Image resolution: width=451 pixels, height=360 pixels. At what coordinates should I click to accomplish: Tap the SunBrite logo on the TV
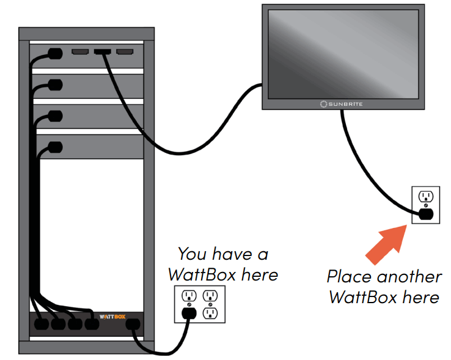(342, 104)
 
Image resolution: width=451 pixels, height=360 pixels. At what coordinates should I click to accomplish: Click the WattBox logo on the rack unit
(111, 317)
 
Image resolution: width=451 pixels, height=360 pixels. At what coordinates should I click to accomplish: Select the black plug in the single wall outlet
(425, 214)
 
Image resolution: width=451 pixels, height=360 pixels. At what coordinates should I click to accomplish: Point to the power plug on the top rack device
(55, 53)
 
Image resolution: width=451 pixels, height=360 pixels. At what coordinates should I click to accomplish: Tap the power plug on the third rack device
(55, 116)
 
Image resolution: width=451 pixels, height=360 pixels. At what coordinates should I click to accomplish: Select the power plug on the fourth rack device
(55, 147)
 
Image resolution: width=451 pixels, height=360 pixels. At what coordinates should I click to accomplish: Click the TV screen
(342, 52)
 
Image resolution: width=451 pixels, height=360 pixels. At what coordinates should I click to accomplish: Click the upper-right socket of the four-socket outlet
(210, 296)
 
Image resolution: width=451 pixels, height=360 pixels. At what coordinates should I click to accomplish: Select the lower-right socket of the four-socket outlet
(210, 314)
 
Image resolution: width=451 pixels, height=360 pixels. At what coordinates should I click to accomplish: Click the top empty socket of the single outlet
(425, 197)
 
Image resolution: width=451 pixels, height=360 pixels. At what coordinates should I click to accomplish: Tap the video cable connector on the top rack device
(101, 53)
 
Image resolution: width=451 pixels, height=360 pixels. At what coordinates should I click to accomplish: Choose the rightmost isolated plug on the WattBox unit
(132, 324)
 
